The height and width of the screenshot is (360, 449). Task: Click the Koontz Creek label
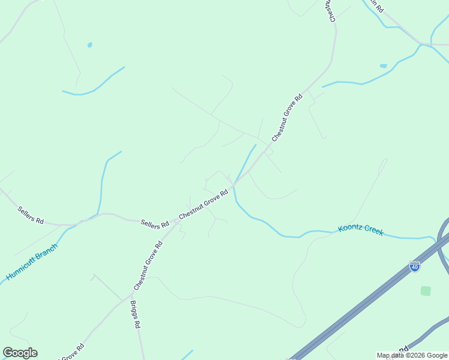click(360, 230)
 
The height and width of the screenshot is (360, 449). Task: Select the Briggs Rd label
click(135, 314)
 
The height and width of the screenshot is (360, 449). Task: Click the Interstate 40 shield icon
click(414, 266)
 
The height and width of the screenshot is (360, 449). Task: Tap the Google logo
click(20, 353)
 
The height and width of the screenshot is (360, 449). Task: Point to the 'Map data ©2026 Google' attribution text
click(412, 355)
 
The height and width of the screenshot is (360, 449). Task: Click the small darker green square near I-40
click(426, 291)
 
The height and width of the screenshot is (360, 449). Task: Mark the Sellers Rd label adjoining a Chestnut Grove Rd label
click(155, 224)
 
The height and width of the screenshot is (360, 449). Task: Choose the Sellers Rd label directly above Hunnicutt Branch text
click(31, 215)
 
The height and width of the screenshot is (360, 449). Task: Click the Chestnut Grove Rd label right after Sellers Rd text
click(203, 204)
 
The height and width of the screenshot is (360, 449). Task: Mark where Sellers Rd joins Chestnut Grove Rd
click(176, 221)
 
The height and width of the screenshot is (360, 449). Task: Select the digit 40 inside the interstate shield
click(414, 268)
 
